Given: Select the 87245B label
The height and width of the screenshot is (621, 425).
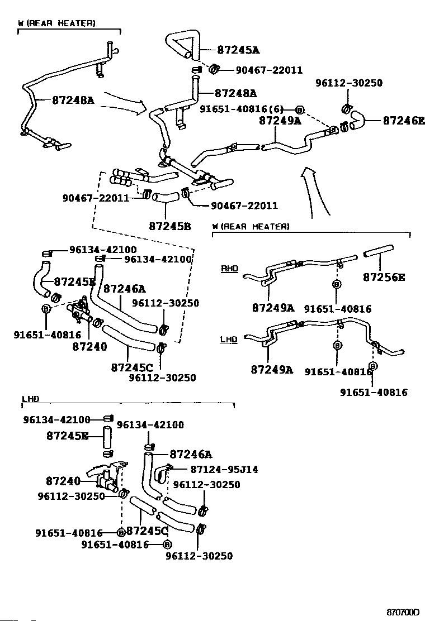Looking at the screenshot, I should [x=170, y=226].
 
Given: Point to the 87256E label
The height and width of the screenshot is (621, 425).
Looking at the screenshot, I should [x=384, y=276].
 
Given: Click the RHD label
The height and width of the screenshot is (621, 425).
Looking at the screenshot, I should [x=229, y=269].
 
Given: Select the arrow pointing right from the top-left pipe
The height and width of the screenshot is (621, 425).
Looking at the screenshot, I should [x=126, y=103].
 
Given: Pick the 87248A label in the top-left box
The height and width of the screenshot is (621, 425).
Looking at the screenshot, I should [x=73, y=101].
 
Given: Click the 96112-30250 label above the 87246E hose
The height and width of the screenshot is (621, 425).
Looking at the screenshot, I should [x=348, y=83].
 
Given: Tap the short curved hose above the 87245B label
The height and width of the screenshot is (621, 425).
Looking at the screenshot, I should [x=166, y=197].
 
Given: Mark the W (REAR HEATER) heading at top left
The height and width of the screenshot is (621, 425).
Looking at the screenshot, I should [x=56, y=23].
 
